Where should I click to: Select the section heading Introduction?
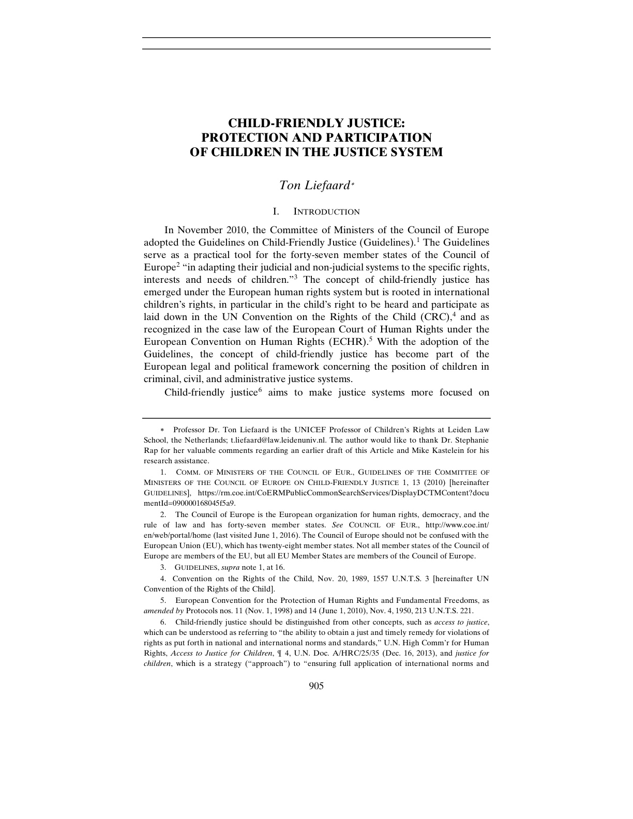[x=326, y=211]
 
